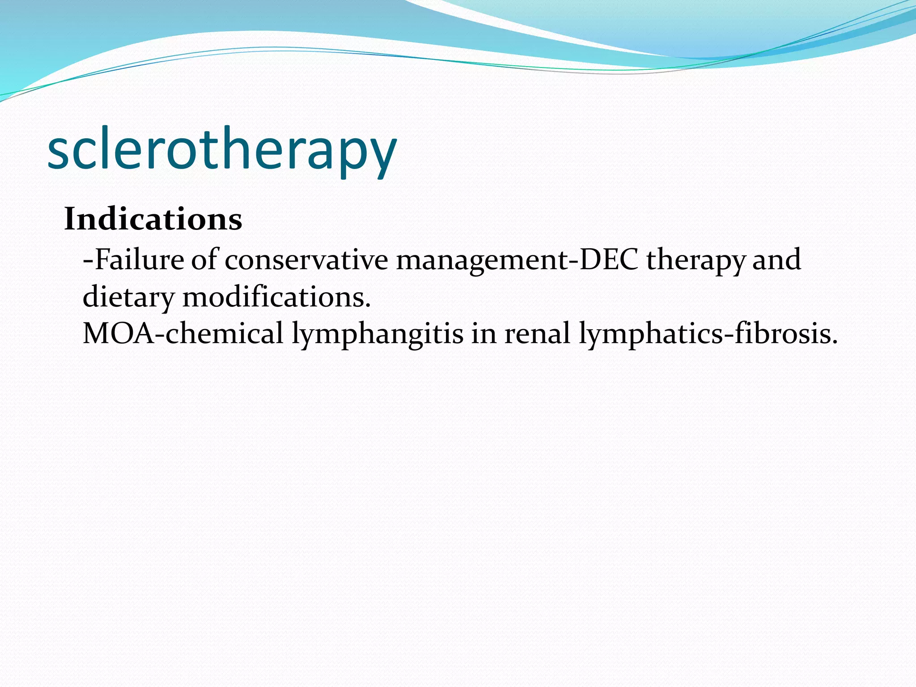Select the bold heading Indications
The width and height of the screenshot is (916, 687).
(x=153, y=219)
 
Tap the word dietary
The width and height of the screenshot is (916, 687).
(x=128, y=298)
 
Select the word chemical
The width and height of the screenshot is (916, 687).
(x=225, y=334)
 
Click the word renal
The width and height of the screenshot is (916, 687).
(x=537, y=334)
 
